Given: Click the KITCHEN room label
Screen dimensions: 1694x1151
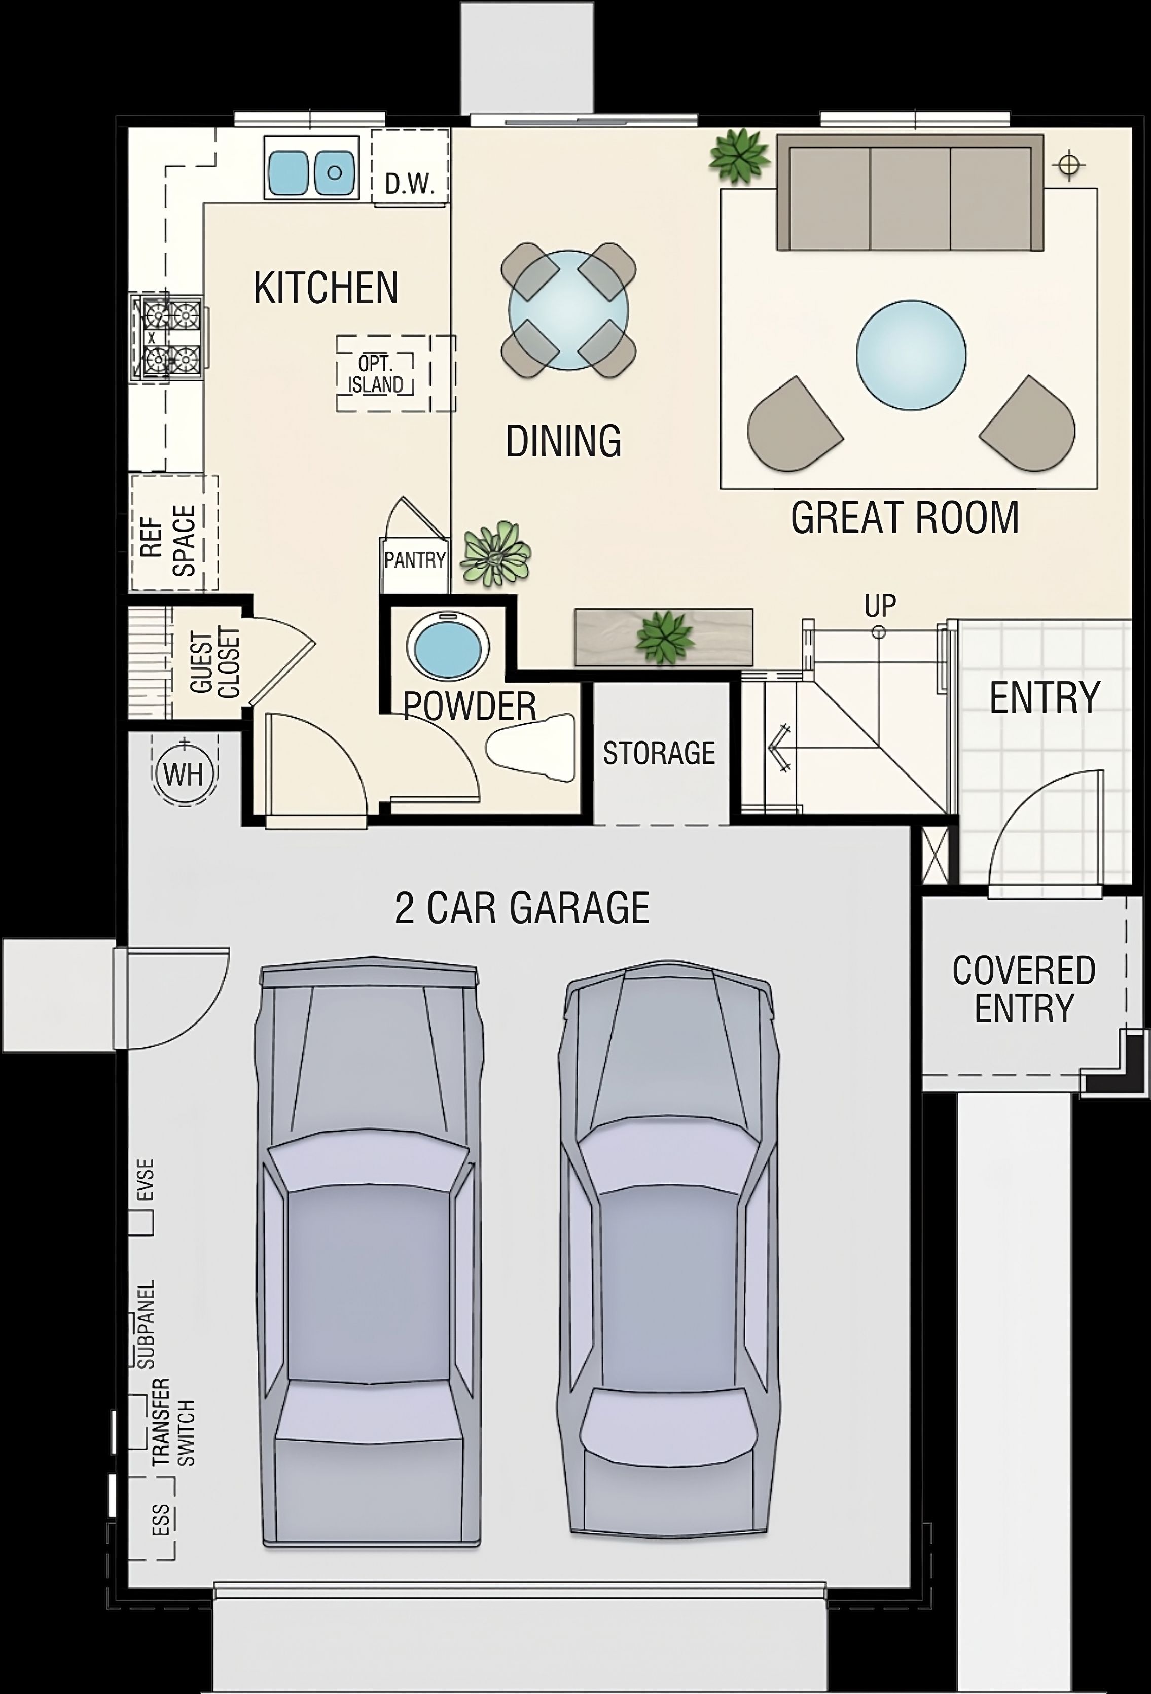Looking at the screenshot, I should tap(326, 288).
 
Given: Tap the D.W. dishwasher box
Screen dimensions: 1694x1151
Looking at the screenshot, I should tap(410, 168).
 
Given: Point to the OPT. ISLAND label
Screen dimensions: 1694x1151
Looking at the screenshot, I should tap(376, 374).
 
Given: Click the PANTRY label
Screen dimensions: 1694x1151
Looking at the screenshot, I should tap(415, 560).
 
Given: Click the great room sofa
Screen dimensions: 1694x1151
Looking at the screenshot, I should tap(910, 193).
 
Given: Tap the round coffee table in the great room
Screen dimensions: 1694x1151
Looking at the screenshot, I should tap(911, 355).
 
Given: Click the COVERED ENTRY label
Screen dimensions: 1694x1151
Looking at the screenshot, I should tap(1024, 989).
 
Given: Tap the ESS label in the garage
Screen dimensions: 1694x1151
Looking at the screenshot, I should tap(162, 1521).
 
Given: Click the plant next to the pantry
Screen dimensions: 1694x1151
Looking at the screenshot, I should tap(497, 554).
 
